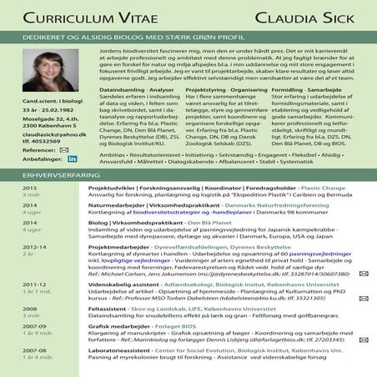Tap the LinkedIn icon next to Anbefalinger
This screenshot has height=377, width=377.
point(72,158)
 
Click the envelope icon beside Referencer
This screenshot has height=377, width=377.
point(63,149)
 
